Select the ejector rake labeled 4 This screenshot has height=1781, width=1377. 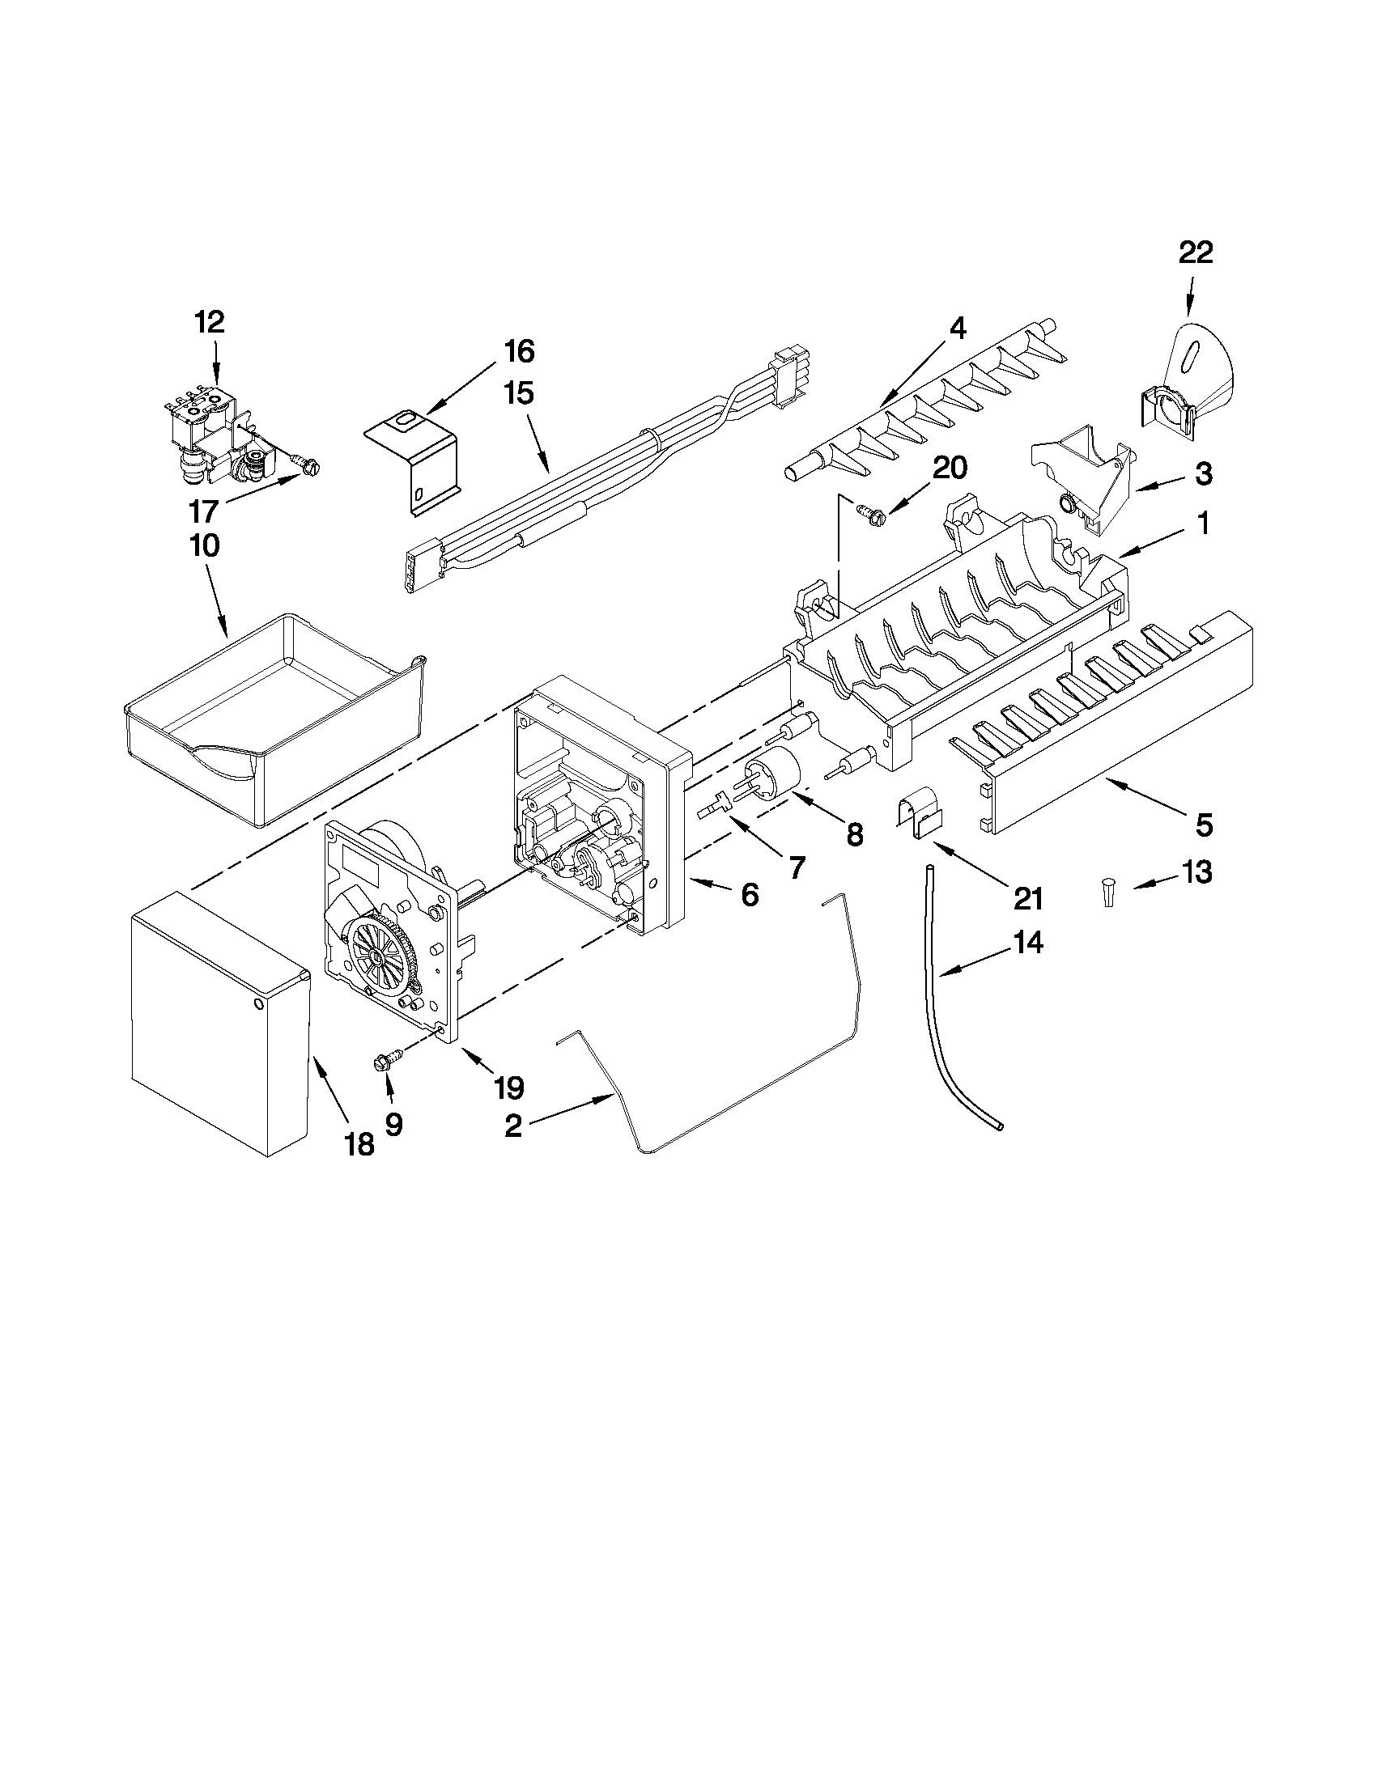(930, 400)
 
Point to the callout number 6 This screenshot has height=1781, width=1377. (749, 895)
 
